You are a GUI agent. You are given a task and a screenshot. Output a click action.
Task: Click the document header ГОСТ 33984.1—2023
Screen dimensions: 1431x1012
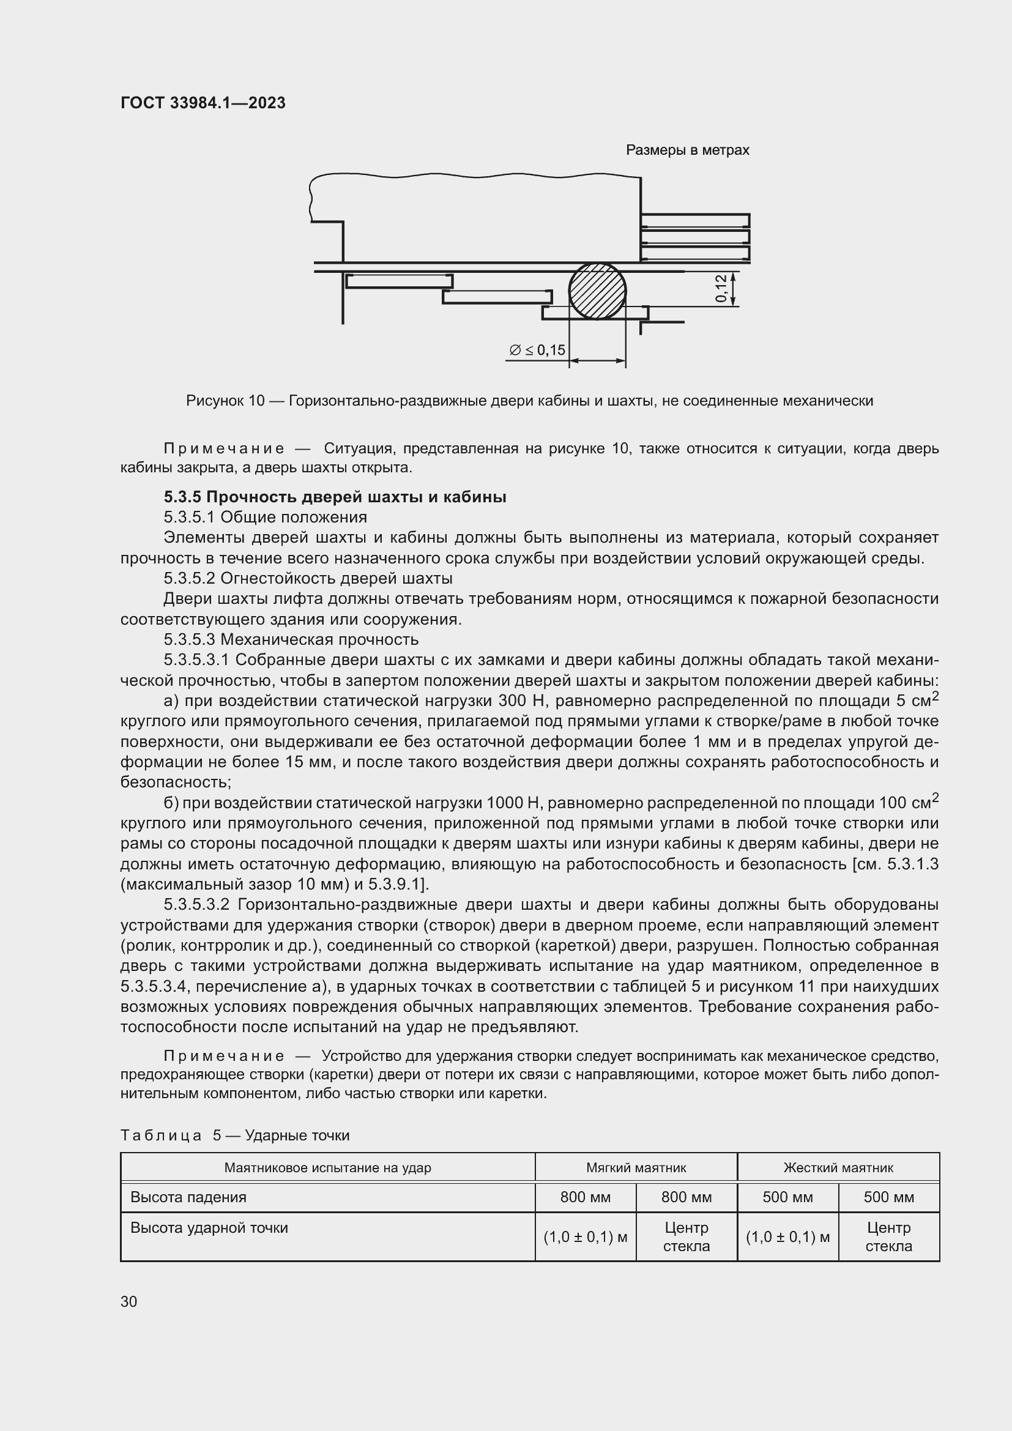coord(203,103)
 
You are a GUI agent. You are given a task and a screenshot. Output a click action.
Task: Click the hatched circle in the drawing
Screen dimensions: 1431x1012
coord(597,291)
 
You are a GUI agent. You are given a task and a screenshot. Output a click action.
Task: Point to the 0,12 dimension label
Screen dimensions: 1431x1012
coord(721,289)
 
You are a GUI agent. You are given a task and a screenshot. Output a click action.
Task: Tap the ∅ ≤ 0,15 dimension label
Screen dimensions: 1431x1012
coord(537,351)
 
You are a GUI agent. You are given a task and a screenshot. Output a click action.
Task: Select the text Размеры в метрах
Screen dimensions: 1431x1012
coord(686,151)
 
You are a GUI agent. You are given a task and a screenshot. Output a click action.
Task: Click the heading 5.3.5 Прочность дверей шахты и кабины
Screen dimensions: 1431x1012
coord(335,497)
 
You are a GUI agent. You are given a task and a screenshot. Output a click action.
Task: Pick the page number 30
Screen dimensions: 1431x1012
coord(128,1301)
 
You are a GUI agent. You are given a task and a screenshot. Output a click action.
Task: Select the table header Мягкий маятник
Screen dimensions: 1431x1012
coord(636,1167)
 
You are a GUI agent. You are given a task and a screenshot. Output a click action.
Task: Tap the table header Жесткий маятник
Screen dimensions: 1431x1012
coord(838,1167)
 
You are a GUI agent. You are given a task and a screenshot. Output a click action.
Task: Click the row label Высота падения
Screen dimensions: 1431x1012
coord(188,1197)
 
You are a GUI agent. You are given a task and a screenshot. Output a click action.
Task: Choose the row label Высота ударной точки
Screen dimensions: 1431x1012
coord(209,1228)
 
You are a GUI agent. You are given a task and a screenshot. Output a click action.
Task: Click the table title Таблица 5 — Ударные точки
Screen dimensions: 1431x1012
coord(234,1135)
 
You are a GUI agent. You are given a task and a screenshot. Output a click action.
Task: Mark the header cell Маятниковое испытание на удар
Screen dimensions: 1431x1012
coord(327,1167)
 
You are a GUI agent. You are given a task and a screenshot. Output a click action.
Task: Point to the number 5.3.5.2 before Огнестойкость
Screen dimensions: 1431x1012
coord(190,578)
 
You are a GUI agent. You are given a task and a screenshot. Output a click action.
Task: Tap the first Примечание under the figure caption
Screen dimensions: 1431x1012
coord(224,448)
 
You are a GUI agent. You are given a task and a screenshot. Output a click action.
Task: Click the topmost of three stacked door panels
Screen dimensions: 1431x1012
coord(695,221)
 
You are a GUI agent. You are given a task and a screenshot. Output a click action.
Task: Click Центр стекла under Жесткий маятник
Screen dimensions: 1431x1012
coord(888,1236)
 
